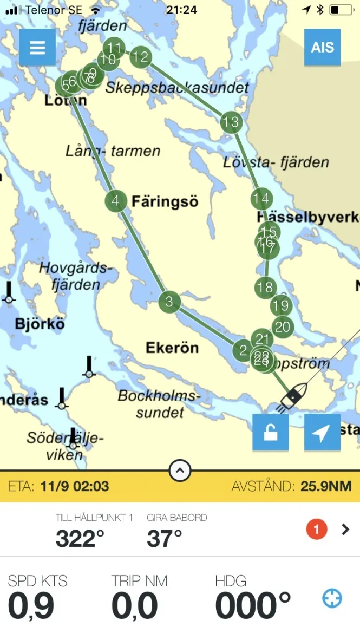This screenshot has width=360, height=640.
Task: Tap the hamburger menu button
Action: [37, 47]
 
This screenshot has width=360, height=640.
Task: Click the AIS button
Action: [322, 47]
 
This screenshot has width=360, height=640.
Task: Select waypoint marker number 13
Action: [231, 122]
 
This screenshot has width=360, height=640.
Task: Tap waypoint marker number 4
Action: [115, 201]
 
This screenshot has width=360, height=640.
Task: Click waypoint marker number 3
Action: [169, 302]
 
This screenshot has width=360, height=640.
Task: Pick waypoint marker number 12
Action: [141, 56]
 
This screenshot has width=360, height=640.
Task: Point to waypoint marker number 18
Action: [265, 287]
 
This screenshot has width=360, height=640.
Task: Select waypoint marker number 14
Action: [261, 199]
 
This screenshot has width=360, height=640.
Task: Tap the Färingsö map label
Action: [165, 202]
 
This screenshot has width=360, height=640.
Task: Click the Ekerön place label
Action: [172, 348]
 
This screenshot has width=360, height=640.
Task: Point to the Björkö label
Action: [40, 324]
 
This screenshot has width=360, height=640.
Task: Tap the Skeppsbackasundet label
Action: [178, 87]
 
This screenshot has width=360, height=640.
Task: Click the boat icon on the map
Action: [293, 396]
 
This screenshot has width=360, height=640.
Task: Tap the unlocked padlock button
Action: [271, 433]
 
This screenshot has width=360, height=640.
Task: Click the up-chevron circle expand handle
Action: [180, 471]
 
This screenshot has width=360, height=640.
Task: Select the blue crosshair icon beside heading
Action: [332, 598]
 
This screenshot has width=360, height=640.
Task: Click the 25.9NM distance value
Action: [326, 486]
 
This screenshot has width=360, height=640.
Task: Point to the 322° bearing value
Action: [80, 539]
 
